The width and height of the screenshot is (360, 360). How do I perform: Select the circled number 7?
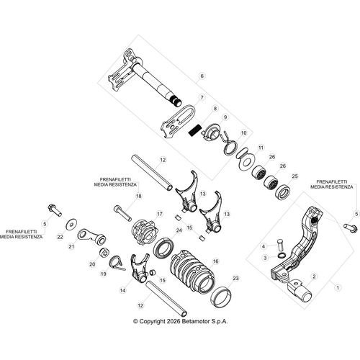click(202, 97)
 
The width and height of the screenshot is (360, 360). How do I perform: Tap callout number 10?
click(244, 133)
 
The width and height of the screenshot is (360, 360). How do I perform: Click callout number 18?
click(139, 195)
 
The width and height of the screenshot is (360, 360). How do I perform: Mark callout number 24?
click(179, 230)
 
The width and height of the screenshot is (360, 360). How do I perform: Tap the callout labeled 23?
click(236, 277)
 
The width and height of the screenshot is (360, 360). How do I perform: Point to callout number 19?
click(104, 274)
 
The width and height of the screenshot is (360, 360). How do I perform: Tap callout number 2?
click(314, 275)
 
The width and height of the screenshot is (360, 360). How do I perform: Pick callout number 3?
click(266, 257)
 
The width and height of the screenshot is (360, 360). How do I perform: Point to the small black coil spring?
click(193, 130)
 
